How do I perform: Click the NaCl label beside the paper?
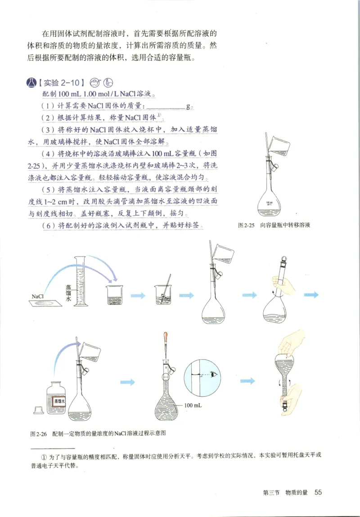tap(38, 297)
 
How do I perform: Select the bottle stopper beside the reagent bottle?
tap(38, 409)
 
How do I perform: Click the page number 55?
tap(318, 492)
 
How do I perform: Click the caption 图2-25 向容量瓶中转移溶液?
tap(274, 225)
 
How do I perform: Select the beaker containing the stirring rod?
tap(164, 295)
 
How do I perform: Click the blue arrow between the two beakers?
tap(138, 296)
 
